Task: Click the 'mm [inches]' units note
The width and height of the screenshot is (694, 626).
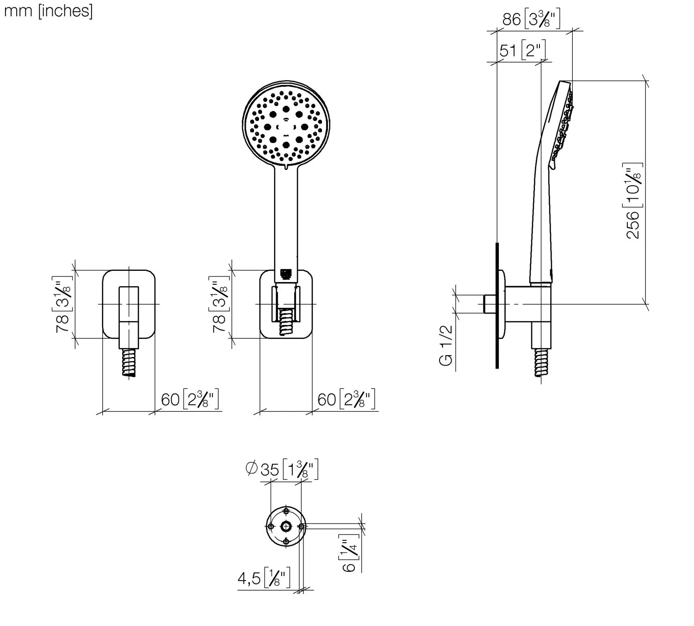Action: coord(48,11)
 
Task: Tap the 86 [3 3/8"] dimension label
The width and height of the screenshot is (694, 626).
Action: coord(531,19)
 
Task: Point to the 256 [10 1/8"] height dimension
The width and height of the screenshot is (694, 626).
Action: coord(633,200)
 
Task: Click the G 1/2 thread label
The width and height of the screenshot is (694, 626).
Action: coord(446,345)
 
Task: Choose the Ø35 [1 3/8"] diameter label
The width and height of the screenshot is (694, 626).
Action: coord(282,469)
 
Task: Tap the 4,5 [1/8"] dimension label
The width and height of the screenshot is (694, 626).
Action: coord(264,578)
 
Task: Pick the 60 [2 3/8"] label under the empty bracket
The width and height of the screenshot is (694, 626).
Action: coord(190,399)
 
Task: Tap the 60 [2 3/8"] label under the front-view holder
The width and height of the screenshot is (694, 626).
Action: coord(346,399)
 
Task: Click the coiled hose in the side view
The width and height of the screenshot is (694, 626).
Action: coord(541,362)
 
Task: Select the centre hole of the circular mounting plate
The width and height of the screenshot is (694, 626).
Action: coord(286,526)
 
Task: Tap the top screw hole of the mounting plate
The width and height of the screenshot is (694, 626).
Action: coord(286,512)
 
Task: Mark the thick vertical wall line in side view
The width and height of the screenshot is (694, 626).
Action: coord(497,306)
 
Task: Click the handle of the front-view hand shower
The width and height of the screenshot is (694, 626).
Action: coord(287,218)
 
